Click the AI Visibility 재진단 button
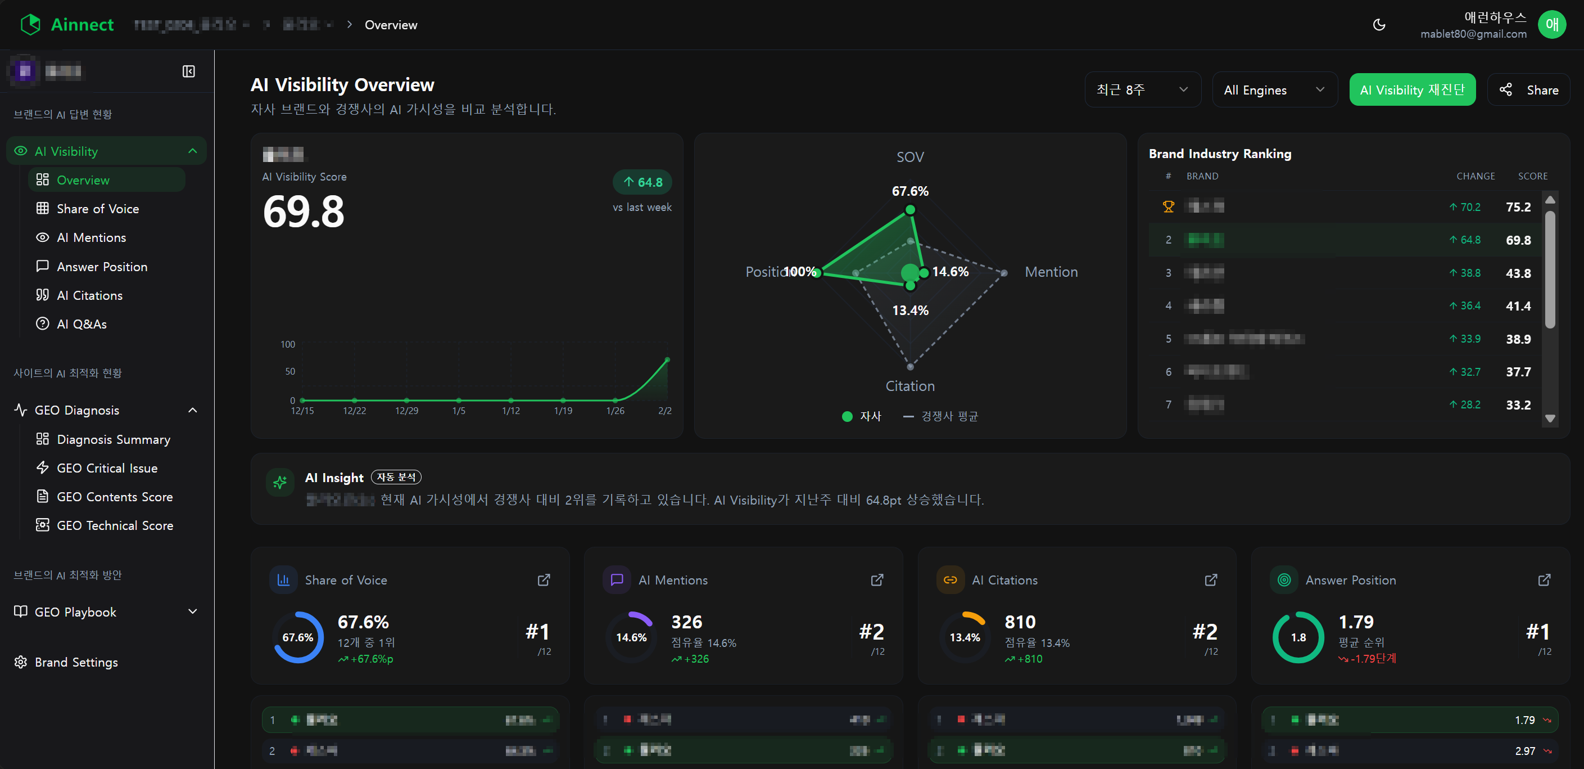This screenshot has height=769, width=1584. [x=1412, y=90]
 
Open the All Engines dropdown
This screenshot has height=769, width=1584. [x=1274, y=90]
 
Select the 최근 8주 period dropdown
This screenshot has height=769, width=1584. [x=1142, y=90]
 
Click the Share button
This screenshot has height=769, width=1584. [x=1529, y=90]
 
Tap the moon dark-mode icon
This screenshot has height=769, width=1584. [x=1379, y=25]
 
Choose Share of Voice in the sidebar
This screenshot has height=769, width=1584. [x=98, y=209]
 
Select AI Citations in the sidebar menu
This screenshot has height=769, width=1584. [x=90, y=295]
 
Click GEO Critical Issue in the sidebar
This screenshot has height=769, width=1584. [x=107, y=468]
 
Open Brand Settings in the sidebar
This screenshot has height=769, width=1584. [x=76, y=662]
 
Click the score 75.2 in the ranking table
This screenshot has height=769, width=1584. [x=1518, y=206]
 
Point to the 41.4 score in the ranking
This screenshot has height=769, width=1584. [x=1518, y=306]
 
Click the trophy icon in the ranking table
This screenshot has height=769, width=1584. [x=1168, y=206]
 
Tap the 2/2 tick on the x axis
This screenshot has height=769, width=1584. [x=665, y=410]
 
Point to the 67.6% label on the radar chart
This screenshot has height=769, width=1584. [x=910, y=191]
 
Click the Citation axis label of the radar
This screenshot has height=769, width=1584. [x=910, y=386]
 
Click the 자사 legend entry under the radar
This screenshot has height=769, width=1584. [x=862, y=416]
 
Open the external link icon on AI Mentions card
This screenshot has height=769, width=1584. [x=877, y=579]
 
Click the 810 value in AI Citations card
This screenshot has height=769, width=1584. [x=1020, y=622]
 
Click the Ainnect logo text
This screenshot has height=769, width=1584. [x=82, y=25]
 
